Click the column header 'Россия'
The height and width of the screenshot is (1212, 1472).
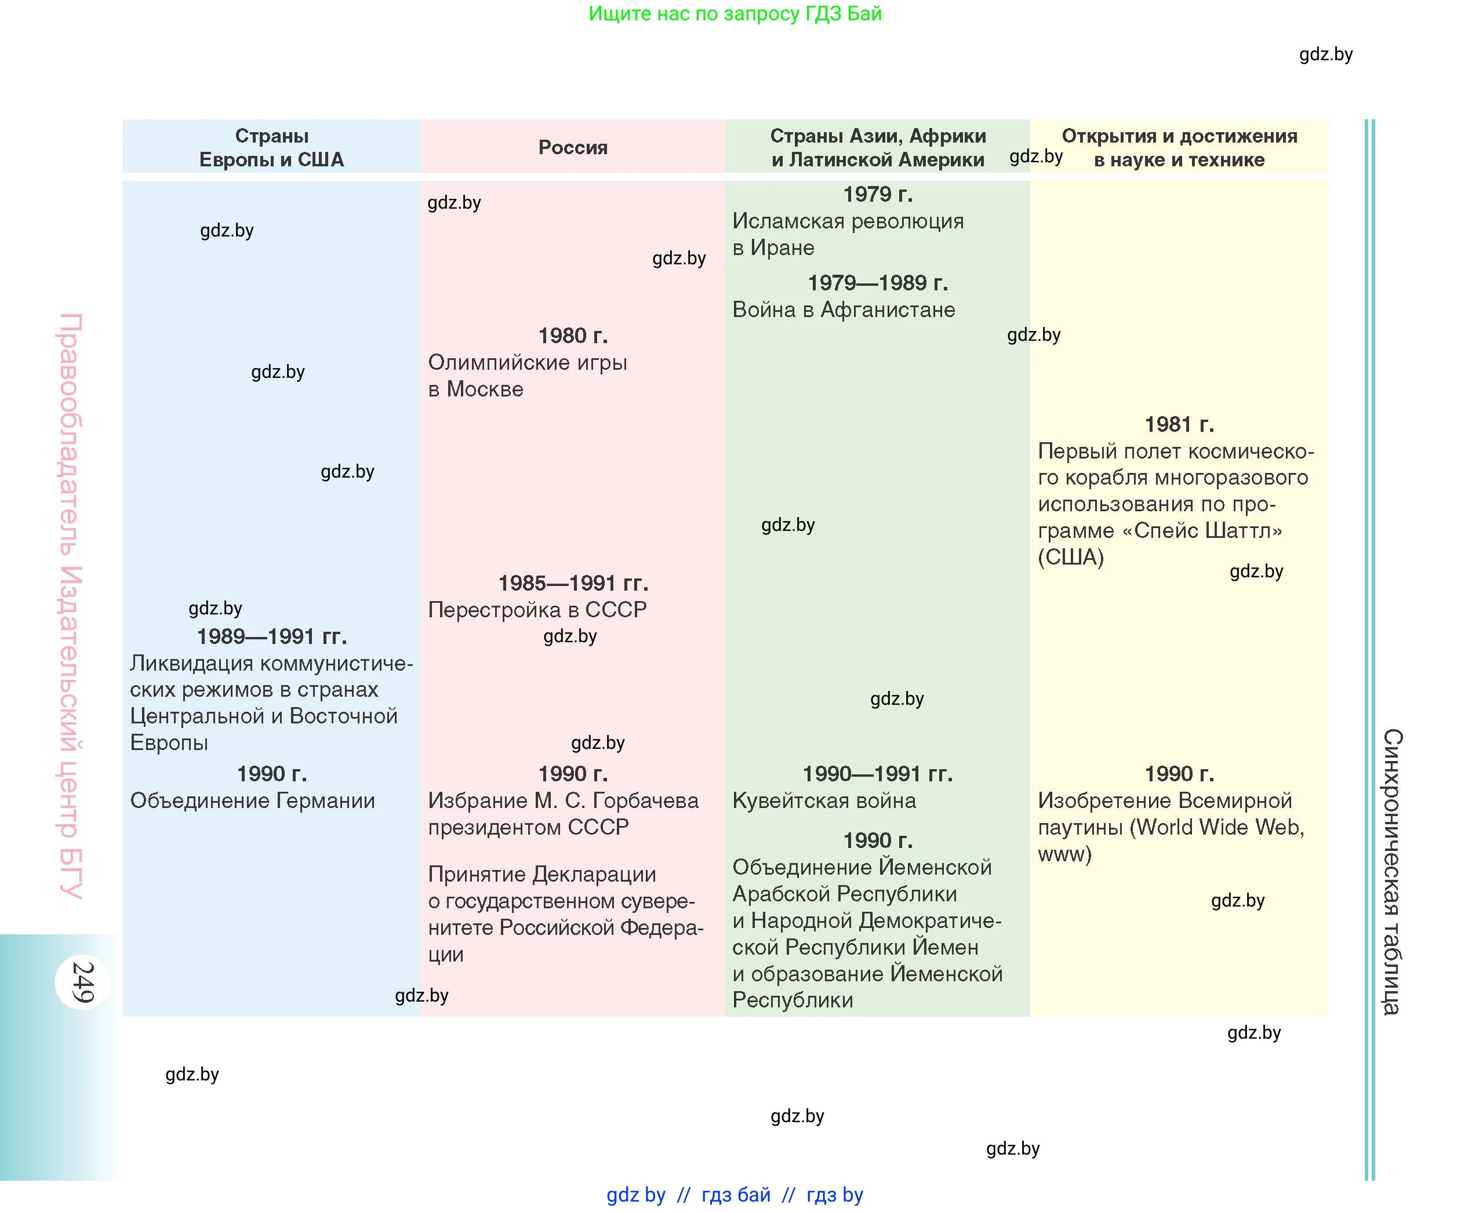pyautogui.click(x=573, y=147)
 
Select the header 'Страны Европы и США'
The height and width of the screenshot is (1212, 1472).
pyautogui.click(x=272, y=147)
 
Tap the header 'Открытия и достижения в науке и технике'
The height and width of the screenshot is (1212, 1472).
pyautogui.click(x=1179, y=147)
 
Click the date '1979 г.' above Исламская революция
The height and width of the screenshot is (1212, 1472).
pyautogui.click(x=877, y=194)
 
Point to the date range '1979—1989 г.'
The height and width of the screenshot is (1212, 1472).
pyautogui.click(x=877, y=283)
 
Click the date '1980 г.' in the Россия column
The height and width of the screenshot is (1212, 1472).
pyautogui.click(x=573, y=336)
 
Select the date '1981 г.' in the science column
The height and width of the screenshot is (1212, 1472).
pyautogui.click(x=1179, y=424)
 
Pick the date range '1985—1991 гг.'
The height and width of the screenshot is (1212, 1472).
pyautogui.click(x=573, y=583)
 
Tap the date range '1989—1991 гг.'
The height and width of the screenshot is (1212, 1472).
pyautogui.click(x=272, y=636)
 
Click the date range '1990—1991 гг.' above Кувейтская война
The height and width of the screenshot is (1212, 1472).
pyautogui.click(x=877, y=774)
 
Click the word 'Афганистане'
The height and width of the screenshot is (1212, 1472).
pyautogui.click(x=888, y=310)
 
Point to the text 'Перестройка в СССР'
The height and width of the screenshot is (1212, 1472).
pyautogui.click(x=537, y=610)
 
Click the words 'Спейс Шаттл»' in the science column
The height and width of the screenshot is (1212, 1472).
pyautogui.click(x=1208, y=530)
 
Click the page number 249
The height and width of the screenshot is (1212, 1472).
pyautogui.click(x=82, y=982)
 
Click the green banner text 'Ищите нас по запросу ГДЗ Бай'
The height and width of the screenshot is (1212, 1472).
pyautogui.click(x=735, y=13)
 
